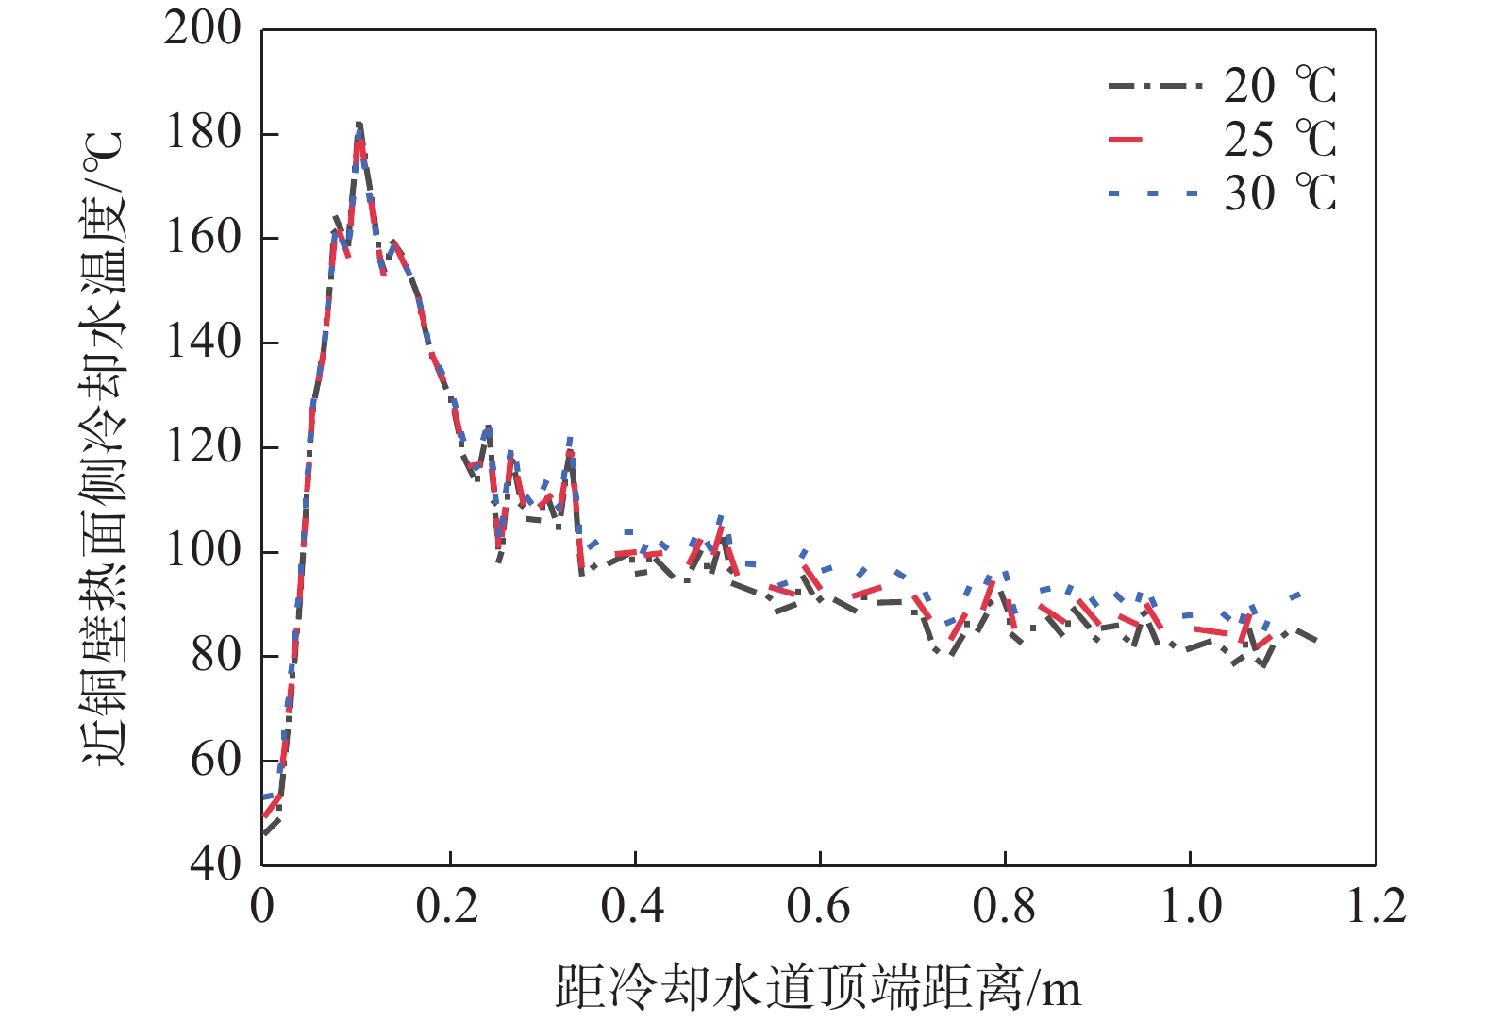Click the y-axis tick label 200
pyautogui.click(x=203, y=28)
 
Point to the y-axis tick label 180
pyautogui.click(x=203, y=133)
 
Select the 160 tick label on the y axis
pyautogui.click(x=203, y=238)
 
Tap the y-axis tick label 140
pyautogui.click(x=203, y=342)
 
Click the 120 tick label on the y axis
pyautogui.click(x=203, y=446)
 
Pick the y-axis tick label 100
pyautogui.click(x=203, y=551)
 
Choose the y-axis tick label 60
pyautogui.click(x=216, y=760)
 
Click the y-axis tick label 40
pyautogui.click(x=216, y=863)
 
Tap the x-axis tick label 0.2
pyautogui.click(x=447, y=906)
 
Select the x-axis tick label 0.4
pyautogui.click(x=633, y=906)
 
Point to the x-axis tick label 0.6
pyautogui.click(x=819, y=906)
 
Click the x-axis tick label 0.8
pyautogui.click(x=1005, y=906)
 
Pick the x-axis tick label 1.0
pyautogui.click(x=1191, y=906)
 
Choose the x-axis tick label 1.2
pyautogui.click(x=1376, y=906)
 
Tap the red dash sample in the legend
pyautogui.click(x=1126, y=141)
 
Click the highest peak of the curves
pyautogui.click(x=359, y=125)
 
